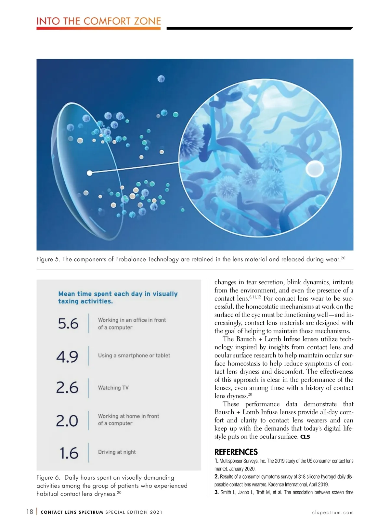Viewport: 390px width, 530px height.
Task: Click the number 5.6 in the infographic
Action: tap(68, 324)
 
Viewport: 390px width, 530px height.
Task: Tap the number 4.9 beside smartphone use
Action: tap(67, 356)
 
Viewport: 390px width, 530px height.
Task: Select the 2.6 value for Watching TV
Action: tap(67, 388)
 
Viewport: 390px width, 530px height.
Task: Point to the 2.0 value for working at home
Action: tap(67, 421)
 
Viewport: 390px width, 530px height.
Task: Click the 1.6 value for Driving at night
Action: tap(69, 453)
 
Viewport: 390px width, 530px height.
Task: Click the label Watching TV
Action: tap(113, 388)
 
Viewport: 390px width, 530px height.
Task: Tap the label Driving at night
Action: tap(117, 452)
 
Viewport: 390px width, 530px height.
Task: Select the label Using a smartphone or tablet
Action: tap(134, 355)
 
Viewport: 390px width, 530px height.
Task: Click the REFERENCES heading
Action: tap(236, 452)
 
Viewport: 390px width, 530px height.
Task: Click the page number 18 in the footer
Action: tap(30, 512)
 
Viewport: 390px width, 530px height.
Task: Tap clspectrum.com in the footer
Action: tap(332, 512)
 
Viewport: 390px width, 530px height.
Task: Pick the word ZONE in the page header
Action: tap(148, 21)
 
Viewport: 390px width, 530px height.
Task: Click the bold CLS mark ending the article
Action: tap(305, 437)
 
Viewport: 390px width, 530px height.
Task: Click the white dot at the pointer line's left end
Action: tap(89, 173)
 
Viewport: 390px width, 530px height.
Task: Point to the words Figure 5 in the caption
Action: tap(48, 259)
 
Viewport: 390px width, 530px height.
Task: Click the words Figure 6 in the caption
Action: tap(48, 478)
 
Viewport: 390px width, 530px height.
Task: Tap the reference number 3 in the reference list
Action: tap(216, 492)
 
